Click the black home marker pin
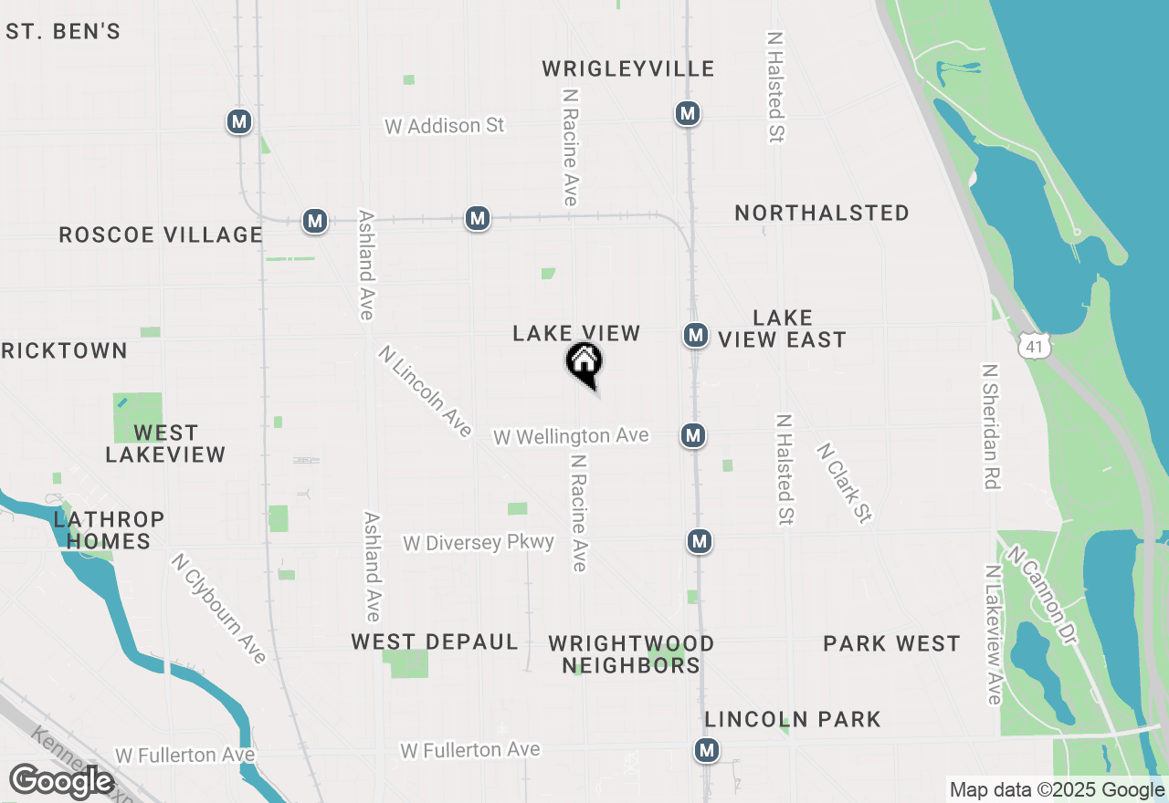pos(584,363)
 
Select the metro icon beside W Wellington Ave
pos(693,435)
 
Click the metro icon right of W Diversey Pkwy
pos(700,541)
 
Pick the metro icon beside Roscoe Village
pos(315,221)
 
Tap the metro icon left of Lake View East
pos(696,335)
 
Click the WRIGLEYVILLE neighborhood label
pos(628,69)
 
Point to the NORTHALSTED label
pos(822,214)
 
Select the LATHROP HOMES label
pos(109,530)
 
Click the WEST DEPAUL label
pos(435,642)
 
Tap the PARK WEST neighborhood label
pos(891,644)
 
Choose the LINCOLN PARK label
pos(793,719)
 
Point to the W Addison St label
pos(445,125)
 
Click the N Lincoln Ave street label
pos(425,391)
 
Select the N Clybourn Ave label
pos(218,609)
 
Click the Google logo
pos(61,781)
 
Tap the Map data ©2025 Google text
pos(1056,790)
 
